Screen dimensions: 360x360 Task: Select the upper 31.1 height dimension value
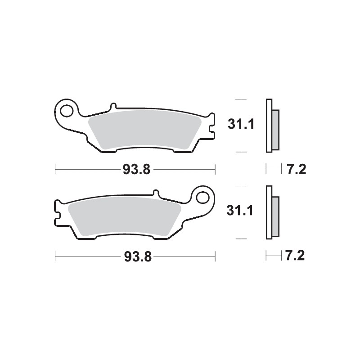tap(241, 125)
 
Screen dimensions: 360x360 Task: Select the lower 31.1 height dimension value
tap(241, 211)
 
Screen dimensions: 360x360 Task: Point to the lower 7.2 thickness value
tap(296, 256)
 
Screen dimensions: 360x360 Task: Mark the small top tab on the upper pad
tap(113, 107)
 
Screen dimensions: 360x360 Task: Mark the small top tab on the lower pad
tap(156, 193)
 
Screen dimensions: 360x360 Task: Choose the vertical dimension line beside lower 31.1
tap(242, 229)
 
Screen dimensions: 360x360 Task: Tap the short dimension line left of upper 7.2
tap(272, 170)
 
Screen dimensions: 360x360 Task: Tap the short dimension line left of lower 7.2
tap(272, 256)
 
